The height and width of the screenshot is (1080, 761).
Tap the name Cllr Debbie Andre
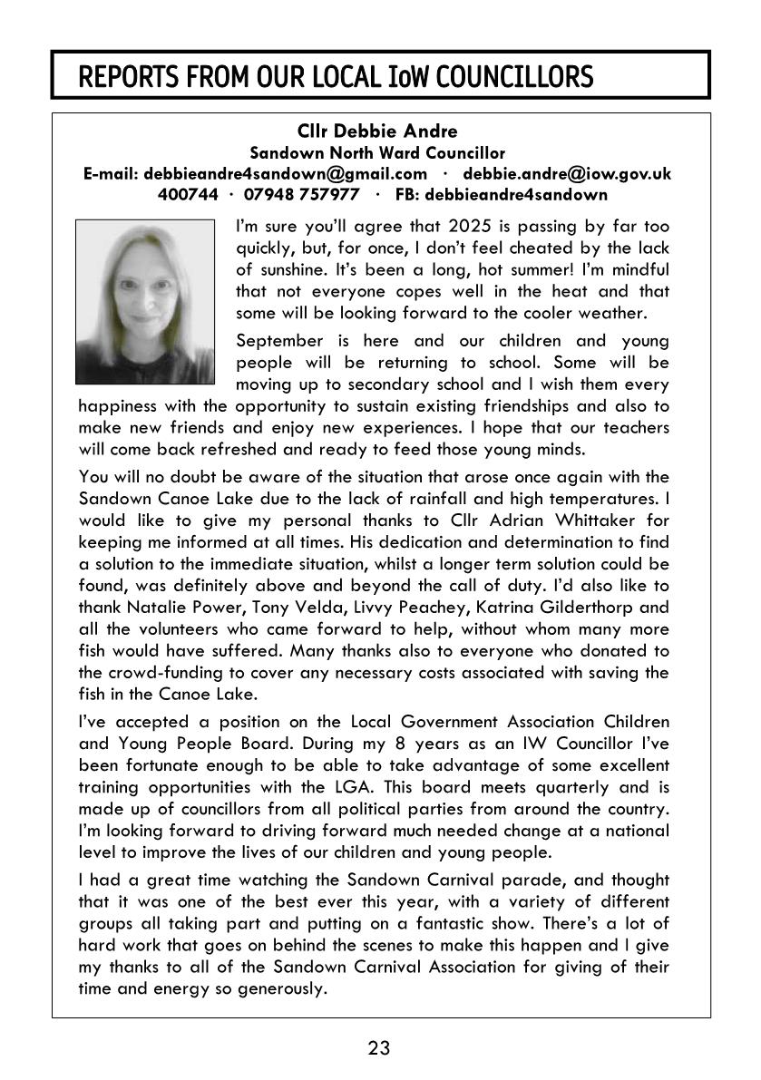click(379, 132)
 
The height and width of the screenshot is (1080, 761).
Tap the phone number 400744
click(188, 194)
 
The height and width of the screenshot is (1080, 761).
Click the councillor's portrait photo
click(145, 299)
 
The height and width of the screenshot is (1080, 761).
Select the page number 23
click(379, 1049)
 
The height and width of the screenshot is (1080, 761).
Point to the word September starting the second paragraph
click(278, 341)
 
